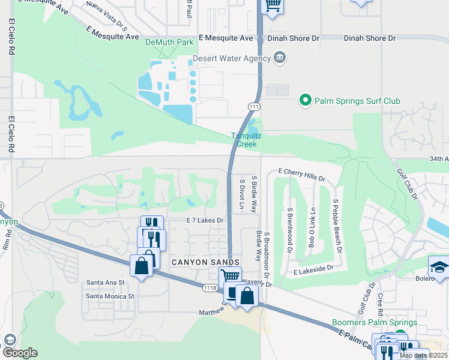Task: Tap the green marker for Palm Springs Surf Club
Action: pyautogui.click(x=306, y=100)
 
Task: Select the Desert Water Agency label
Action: pyautogui.click(x=231, y=59)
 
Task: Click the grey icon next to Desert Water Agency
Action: pyautogui.click(x=279, y=58)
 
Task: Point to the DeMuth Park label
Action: pyautogui.click(x=169, y=43)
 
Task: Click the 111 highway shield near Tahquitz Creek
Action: pyautogui.click(x=254, y=106)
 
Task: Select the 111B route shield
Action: pyautogui.click(x=209, y=288)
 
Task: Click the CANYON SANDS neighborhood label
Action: pyautogui.click(x=205, y=263)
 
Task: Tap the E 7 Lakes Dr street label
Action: pyautogui.click(x=205, y=221)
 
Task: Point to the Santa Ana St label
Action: pyautogui.click(x=105, y=282)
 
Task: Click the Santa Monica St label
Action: pyautogui.click(x=110, y=296)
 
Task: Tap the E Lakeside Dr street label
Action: pyautogui.click(x=313, y=272)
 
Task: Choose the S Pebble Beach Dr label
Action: pyautogui.click(x=337, y=224)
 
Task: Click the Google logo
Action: pyautogui.click(x=20, y=353)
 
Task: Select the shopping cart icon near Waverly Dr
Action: pyautogui.click(x=230, y=276)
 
